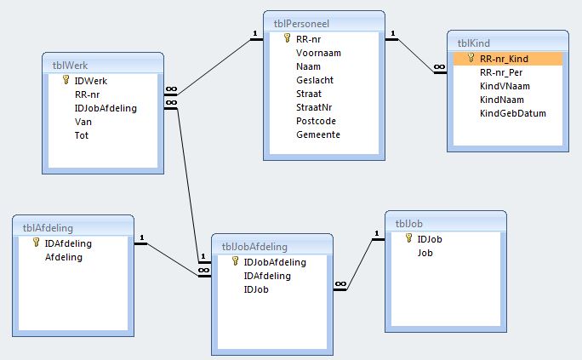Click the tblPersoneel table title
tap(301, 24)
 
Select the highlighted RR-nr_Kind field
tap(504, 59)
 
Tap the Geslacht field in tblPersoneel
tap(315, 80)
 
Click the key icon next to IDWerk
tap(66, 80)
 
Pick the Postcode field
tap(316, 121)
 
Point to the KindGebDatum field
tap(512, 113)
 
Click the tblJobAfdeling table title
tap(254, 247)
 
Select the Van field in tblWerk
tap(83, 122)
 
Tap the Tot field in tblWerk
tap(82, 135)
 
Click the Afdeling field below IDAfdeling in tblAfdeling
tap(64, 257)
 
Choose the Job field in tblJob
tap(425, 253)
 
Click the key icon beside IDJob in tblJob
tap(408, 238)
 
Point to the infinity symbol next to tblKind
tap(439, 66)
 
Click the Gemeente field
tap(318, 134)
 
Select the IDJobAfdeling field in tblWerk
tap(106, 108)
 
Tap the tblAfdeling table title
tap(48, 228)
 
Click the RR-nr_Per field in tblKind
tap(501, 72)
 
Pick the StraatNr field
tap(314, 107)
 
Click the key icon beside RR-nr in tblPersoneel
tap(287, 38)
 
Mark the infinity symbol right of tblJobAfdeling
tap(340, 284)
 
